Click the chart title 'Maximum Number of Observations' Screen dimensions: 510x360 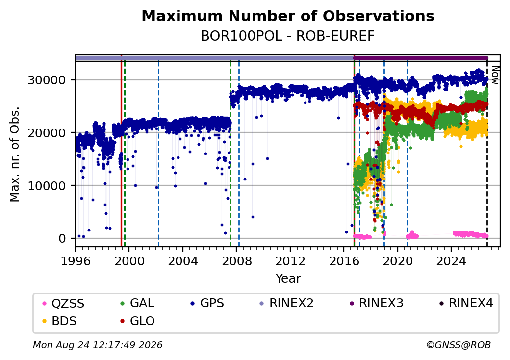pyautogui.click(x=288, y=16)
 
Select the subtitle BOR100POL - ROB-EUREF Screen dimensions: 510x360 pyautogui.click(x=288, y=36)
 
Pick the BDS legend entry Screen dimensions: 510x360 pyautogui.click(x=60, y=321)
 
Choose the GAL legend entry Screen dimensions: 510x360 pyautogui.click(x=137, y=303)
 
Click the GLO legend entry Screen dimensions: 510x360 pyautogui.click(x=137, y=321)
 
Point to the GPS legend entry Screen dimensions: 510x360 pyautogui.click(x=207, y=303)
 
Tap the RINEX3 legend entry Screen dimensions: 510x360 pyautogui.click(x=376, y=303)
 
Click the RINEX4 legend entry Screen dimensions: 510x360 pyautogui.click(x=466, y=303)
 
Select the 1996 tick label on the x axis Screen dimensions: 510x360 pyautogui.click(x=76, y=261)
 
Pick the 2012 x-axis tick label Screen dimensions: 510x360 pyautogui.click(x=290, y=261)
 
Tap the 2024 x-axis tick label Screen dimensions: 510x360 pyautogui.click(x=451, y=261)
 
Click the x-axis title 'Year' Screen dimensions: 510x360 pyautogui.click(x=288, y=279)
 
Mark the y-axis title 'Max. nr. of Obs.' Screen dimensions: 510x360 pyautogui.click(x=15, y=154)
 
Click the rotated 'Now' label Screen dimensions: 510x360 pyautogui.click(x=495, y=75)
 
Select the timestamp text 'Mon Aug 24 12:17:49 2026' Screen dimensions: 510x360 pyautogui.click(x=98, y=345)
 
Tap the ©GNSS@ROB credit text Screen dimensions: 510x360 pyautogui.click(x=459, y=345)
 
